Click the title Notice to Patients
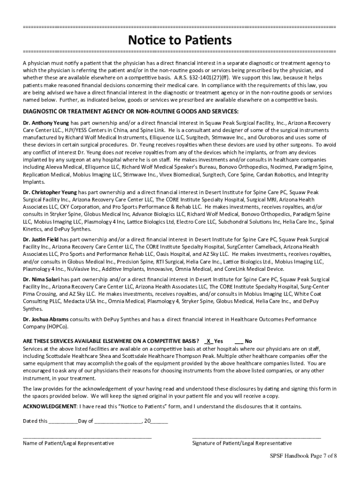click(x=180, y=40)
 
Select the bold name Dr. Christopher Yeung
click(x=50, y=192)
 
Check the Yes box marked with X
click(x=209, y=341)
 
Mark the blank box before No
click(x=238, y=341)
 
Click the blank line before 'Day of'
click(x=63, y=421)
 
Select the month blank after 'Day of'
click(x=118, y=421)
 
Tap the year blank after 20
click(x=159, y=421)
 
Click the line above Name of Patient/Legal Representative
click(x=87, y=437)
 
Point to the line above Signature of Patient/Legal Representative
click(x=257, y=437)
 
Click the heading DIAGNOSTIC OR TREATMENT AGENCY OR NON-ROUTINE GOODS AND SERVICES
click(x=131, y=111)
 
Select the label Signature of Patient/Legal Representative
click(x=242, y=443)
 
